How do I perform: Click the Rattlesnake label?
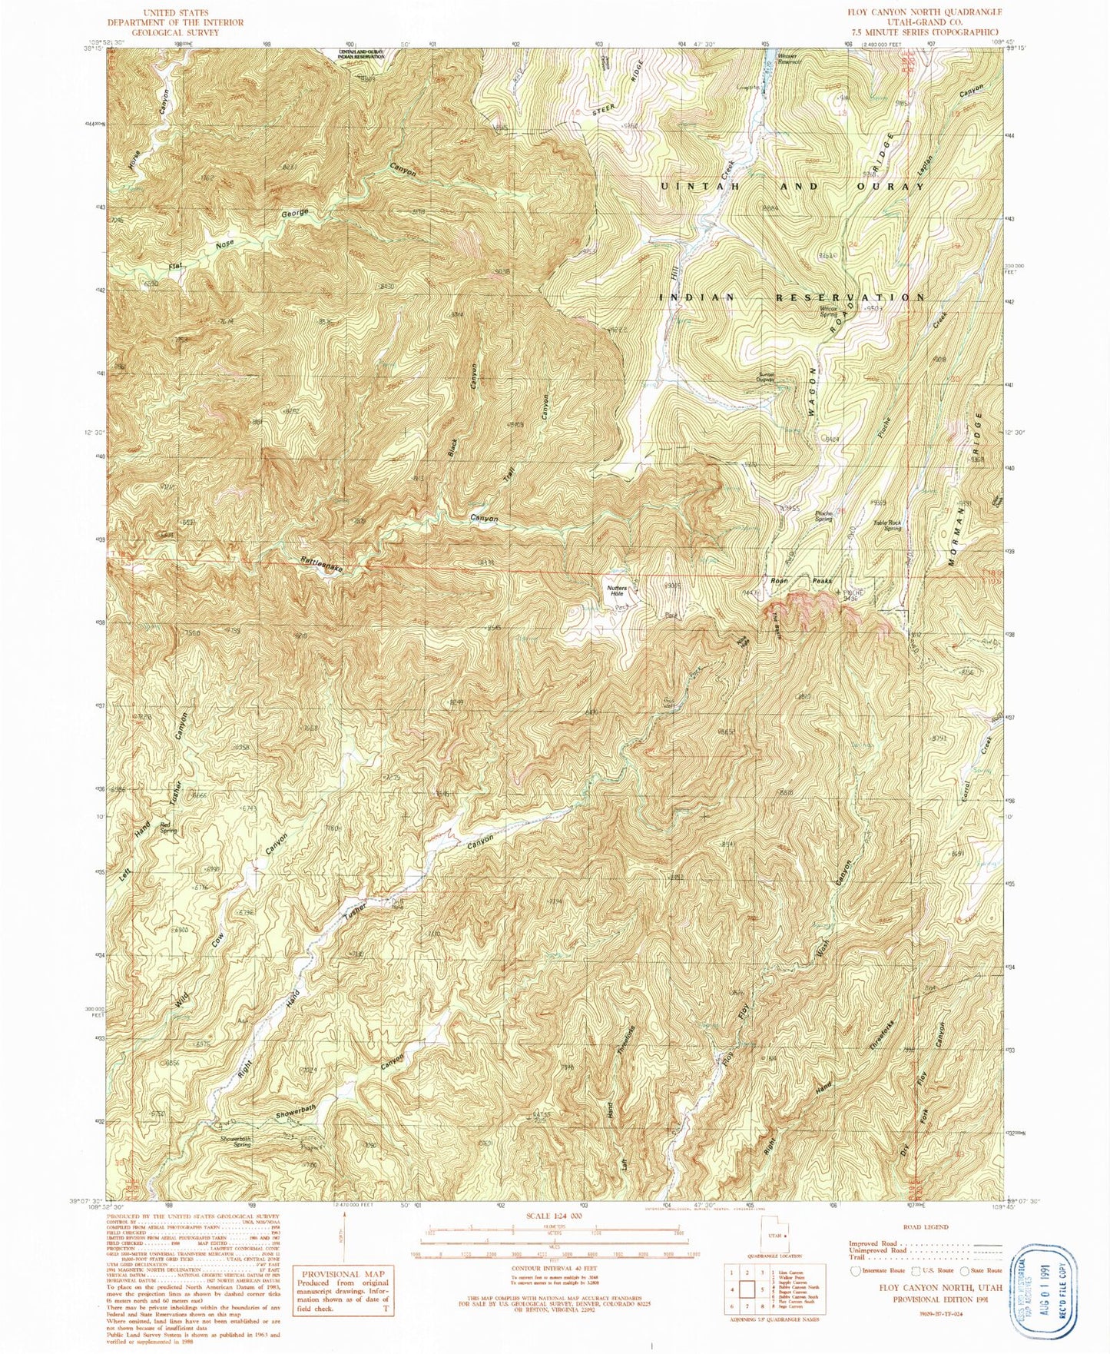(x=321, y=564)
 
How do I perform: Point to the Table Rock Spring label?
(x=887, y=526)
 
